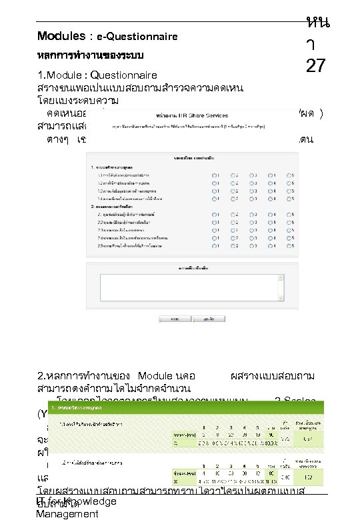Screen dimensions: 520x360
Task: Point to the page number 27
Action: click(x=316, y=67)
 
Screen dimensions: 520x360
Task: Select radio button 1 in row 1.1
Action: click(x=214, y=175)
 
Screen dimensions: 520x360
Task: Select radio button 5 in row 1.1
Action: click(x=289, y=175)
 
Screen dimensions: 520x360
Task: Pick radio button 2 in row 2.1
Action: click(x=233, y=216)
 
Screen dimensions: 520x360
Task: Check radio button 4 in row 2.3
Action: click(x=271, y=230)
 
